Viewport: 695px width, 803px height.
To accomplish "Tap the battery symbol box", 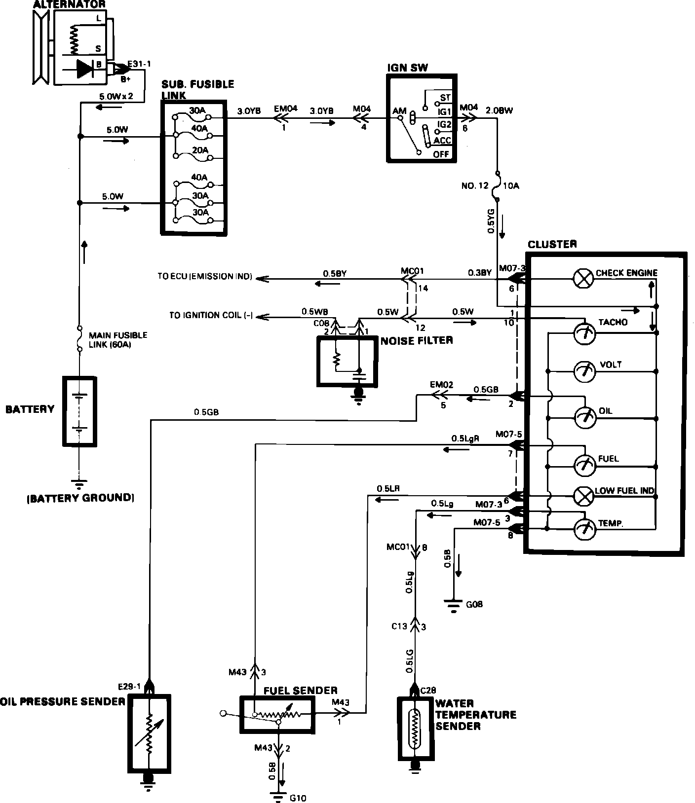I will click(79, 411).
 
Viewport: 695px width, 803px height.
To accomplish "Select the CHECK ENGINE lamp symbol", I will click(583, 279).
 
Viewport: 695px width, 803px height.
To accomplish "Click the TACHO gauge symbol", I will click(584, 334).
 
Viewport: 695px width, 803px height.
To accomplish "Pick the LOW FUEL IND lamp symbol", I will click(583, 497).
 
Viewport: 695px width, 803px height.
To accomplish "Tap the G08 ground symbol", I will click(453, 605).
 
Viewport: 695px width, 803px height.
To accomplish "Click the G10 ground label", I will click(299, 797).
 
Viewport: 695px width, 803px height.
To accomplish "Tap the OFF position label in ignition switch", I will click(441, 154).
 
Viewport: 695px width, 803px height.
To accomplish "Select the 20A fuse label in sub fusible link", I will click(200, 150).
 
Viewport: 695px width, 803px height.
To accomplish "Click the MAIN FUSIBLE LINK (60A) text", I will click(117, 339).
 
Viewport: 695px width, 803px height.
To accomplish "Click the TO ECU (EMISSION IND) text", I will click(205, 276).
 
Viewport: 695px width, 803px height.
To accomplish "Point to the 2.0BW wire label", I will click(500, 110).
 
